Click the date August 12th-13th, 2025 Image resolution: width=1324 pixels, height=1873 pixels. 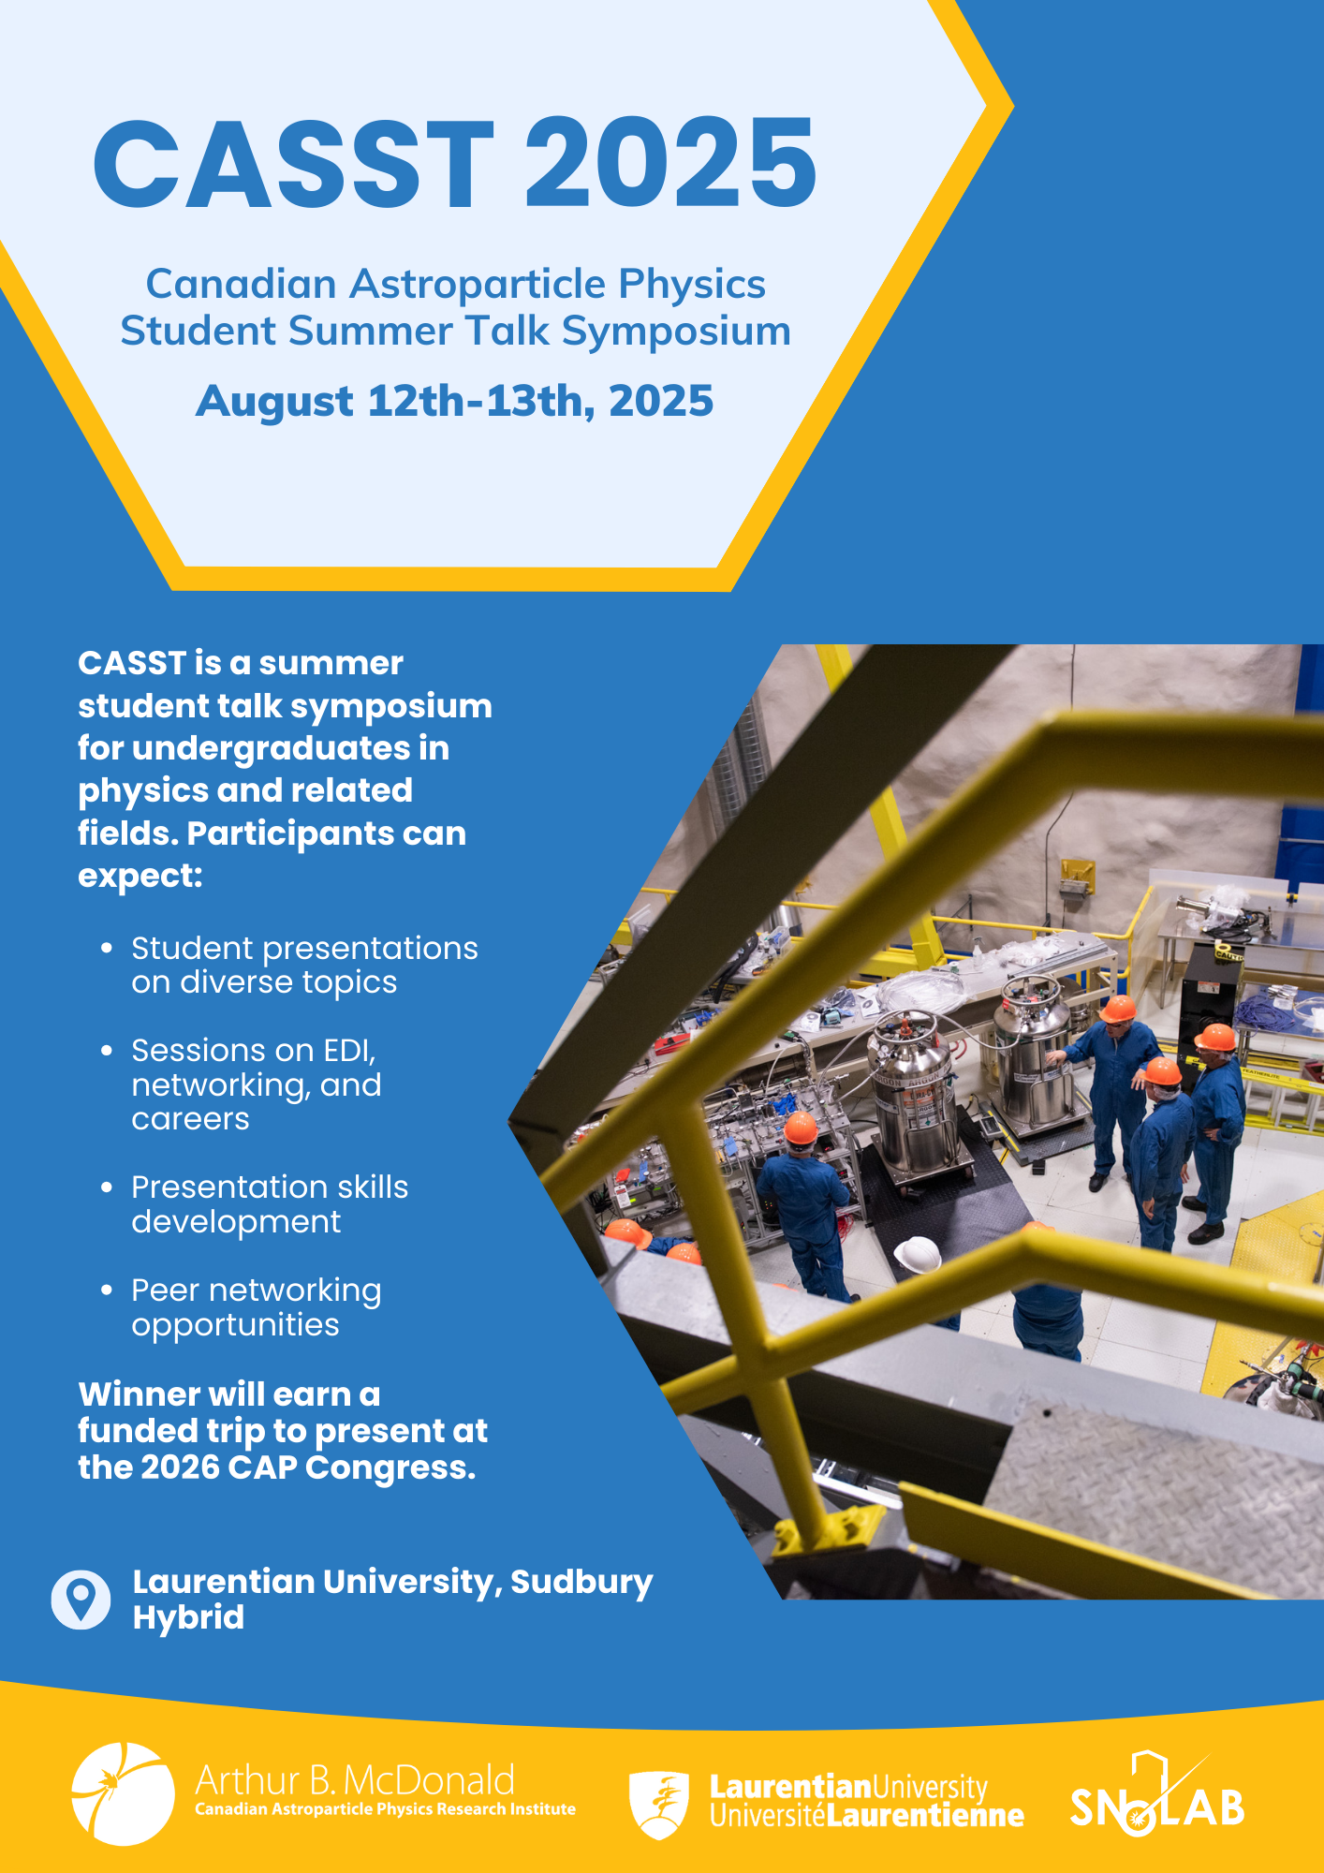[x=455, y=401]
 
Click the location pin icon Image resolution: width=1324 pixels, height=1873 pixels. [x=81, y=1600]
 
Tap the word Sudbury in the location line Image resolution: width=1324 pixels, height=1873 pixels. [x=581, y=1583]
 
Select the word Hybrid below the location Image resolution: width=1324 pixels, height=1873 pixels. [x=188, y=1618]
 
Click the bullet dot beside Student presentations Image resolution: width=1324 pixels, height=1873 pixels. [x=107, y=949]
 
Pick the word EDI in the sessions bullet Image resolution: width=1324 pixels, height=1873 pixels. [x=349, y=1051]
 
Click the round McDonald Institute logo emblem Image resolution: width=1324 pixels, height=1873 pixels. [x=123, y=1793]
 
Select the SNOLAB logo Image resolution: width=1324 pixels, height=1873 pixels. [x=1157, y=1794]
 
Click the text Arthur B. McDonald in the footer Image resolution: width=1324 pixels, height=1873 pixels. [x=355, y=1779]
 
